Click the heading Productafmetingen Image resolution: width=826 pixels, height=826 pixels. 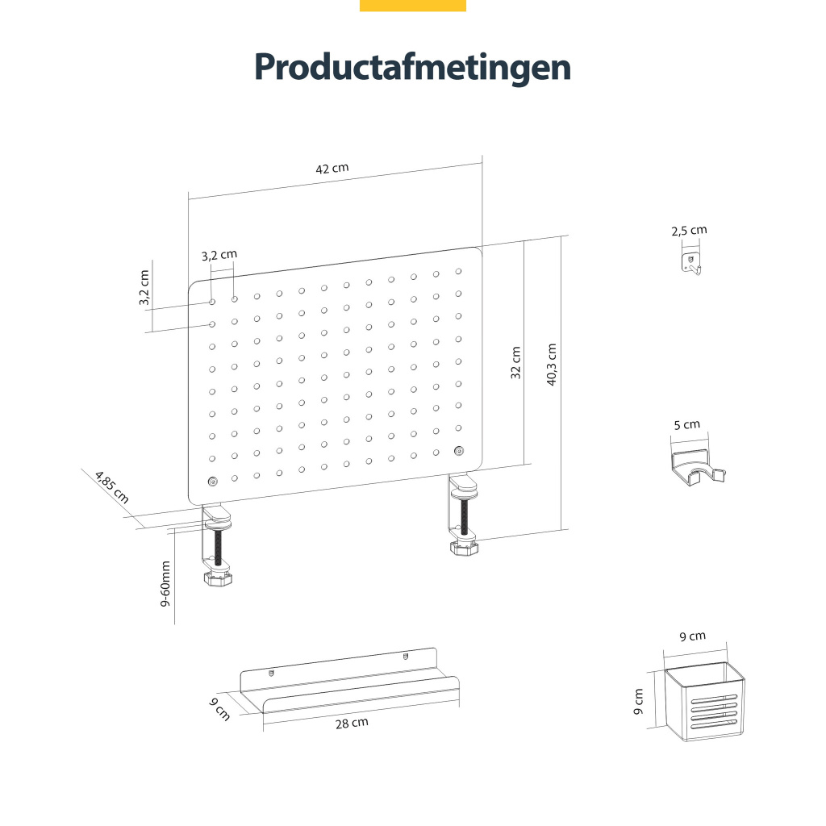pos(412,67)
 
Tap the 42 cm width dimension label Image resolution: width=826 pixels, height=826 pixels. pos(332,169)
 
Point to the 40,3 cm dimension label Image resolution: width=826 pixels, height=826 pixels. pos(552,365)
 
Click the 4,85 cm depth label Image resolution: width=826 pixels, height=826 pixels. pos(111,486)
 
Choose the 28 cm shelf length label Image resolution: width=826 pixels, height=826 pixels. pos(352,723)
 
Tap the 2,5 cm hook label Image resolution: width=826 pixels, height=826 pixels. pos(689,231)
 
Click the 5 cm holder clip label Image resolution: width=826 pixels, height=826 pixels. pos(687,424)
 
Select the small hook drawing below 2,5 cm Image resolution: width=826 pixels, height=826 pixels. pos(690,264)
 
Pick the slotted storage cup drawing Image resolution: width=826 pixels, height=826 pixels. pos(705,702)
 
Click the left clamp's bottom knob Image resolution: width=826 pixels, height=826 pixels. pos(218,579)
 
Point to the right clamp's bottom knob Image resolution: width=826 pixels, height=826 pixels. pos(464,549)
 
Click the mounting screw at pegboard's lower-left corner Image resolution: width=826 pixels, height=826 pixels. pos(212,482)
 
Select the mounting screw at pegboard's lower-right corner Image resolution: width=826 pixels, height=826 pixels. pos(459,450)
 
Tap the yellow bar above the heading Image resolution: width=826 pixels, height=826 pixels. pos(412,6)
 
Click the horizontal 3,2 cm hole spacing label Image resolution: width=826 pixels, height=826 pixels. pos(219,255)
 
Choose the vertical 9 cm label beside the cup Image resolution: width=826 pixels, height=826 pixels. pos(640,702)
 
